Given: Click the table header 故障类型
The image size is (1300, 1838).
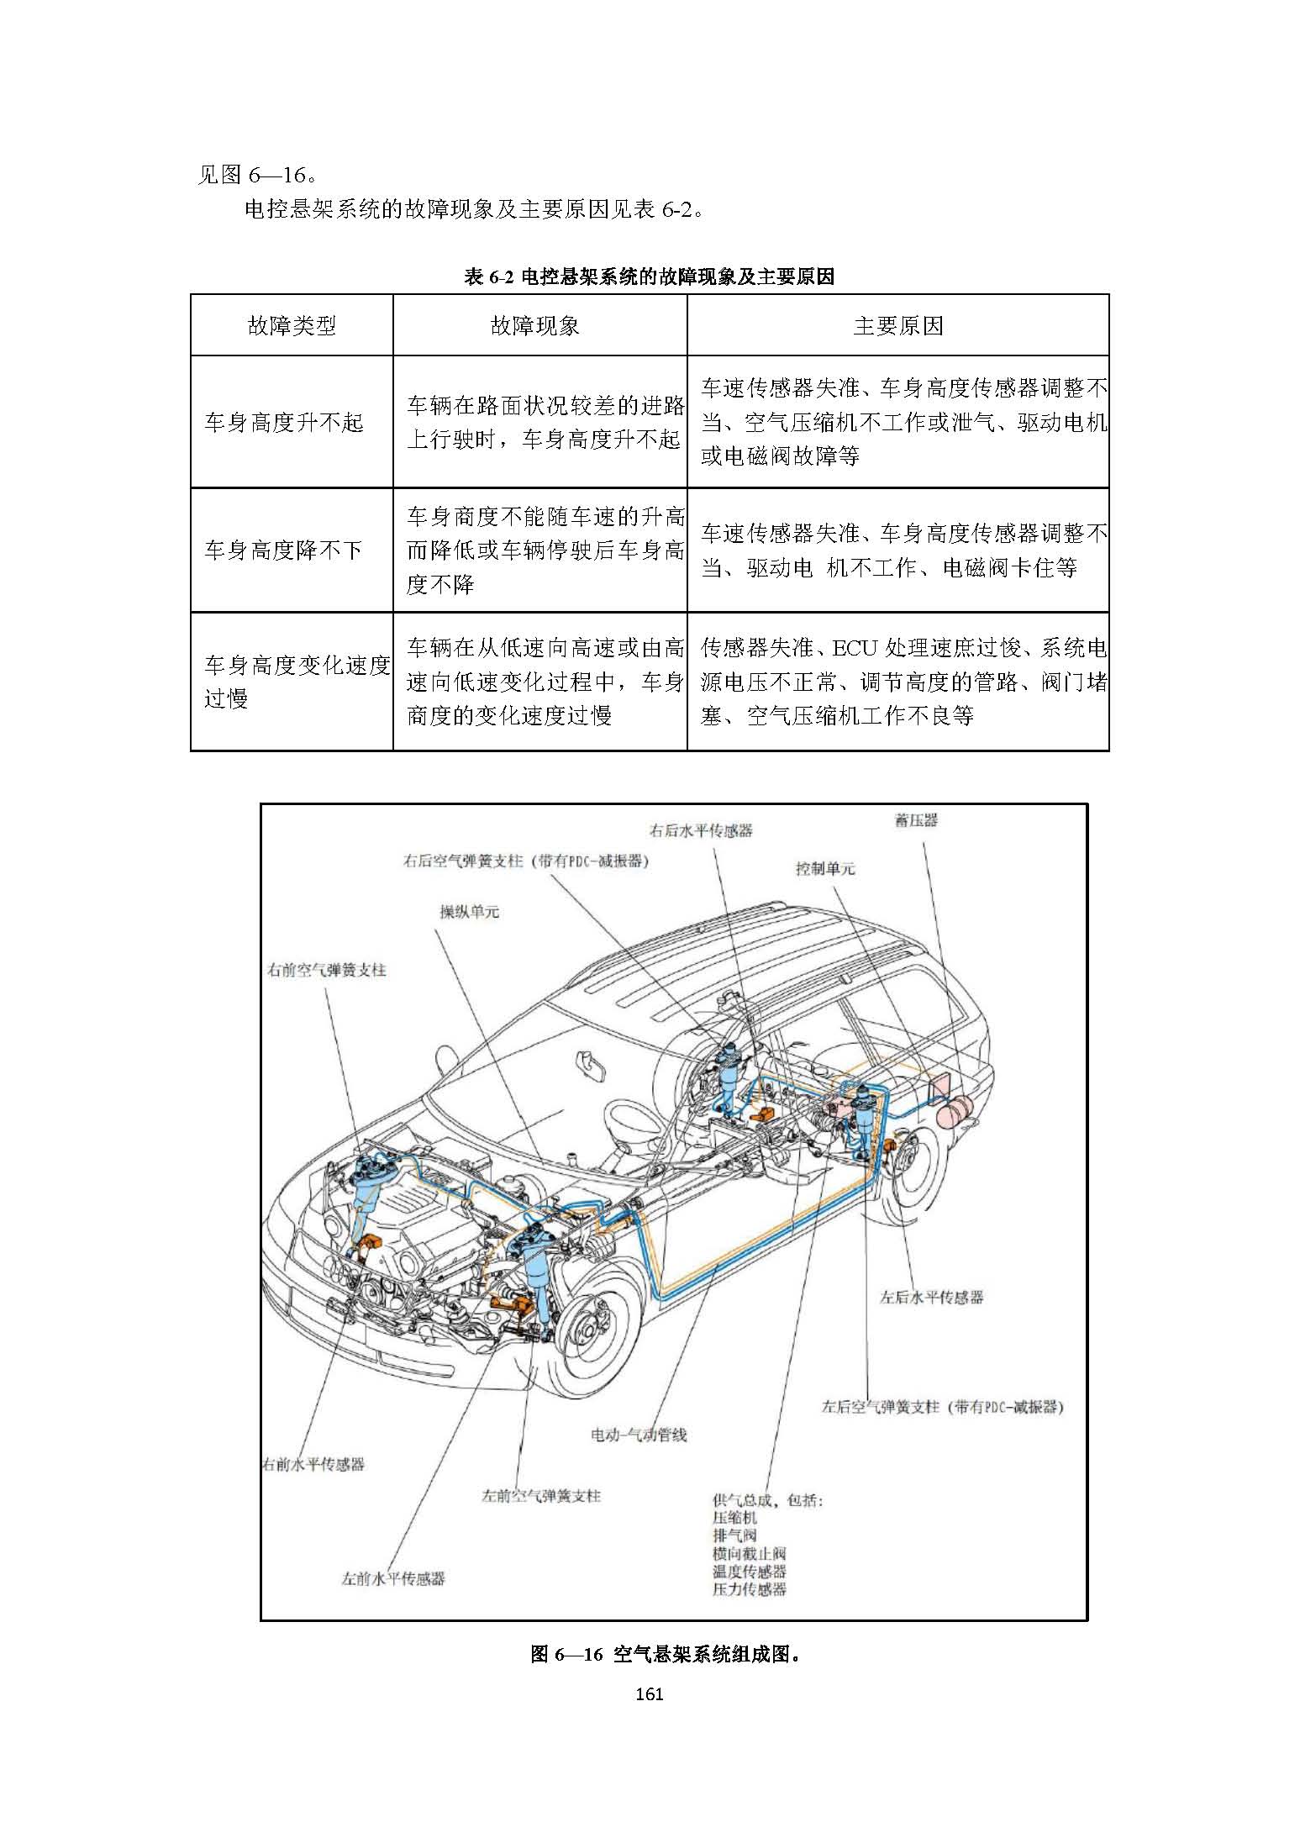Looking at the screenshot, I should [292, 326].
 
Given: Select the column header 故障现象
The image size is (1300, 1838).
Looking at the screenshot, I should [534, 326].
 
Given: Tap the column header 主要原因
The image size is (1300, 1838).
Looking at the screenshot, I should [897, 326].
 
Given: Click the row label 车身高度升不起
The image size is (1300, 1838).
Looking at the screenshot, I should [283, 422].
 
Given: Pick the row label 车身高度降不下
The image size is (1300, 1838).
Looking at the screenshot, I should [283, 550].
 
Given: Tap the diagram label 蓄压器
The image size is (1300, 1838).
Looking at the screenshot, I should [916, 820].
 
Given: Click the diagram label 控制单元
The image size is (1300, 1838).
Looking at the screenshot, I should [825, 868].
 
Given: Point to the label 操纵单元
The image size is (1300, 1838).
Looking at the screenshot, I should [469, 912].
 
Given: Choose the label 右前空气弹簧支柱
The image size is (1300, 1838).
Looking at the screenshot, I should [327, 970].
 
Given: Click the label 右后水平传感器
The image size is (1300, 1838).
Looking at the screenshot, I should [701, 830].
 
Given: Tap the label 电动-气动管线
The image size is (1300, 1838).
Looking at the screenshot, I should [639, 1435].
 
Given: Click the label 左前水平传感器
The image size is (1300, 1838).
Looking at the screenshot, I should [393, 1578].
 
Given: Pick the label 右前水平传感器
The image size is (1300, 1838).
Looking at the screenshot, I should [313, 1464].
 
